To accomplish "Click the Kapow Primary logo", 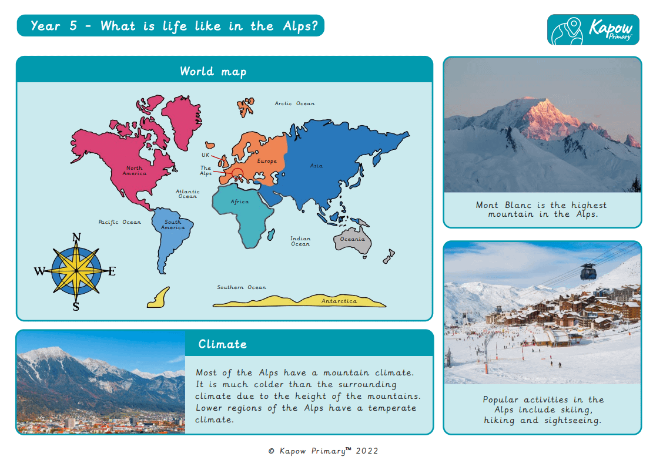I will coord(593,30).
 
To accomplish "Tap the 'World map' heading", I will coord(213,72).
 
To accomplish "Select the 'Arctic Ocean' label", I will coord(294,103).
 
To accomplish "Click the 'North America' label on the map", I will coord(135,171).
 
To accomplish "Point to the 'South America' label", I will coord(173,224).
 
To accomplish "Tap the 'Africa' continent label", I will coord(240,202).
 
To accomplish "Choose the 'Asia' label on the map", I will coord(316,166).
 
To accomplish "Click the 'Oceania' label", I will coord(352,239).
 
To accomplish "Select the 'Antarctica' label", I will coord(339,301).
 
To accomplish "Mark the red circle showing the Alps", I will coord(237,173).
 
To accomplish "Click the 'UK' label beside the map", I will coord(206,155).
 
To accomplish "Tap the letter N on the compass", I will coord(76,238).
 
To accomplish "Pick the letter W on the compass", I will coord(39,271).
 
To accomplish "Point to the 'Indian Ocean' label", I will coord(300,241).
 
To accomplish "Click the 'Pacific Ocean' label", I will coord(119,222).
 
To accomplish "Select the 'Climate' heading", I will coord(222,344).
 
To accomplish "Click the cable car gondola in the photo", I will coord(587,271).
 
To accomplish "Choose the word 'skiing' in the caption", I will coord(573,409).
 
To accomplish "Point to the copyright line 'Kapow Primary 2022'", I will coord(323,451).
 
